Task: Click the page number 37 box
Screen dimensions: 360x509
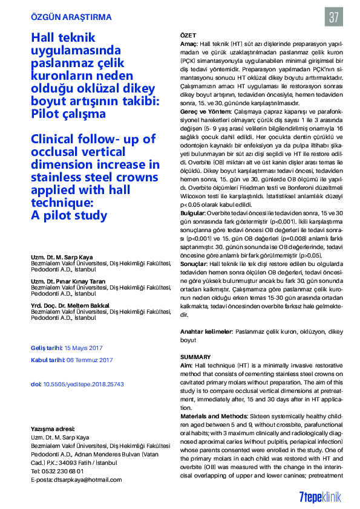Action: (x=333, y=17)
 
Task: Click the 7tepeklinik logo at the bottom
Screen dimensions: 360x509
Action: (x=320, y=496)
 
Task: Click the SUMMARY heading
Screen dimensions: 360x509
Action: (x=195, y=357)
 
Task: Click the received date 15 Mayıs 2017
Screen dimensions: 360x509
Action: (x=84, y=348)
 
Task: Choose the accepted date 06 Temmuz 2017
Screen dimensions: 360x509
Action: (x=90, y=360)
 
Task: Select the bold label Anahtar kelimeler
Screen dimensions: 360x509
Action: (x=206, y=332)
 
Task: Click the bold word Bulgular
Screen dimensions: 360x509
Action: (x=192, y=214)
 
